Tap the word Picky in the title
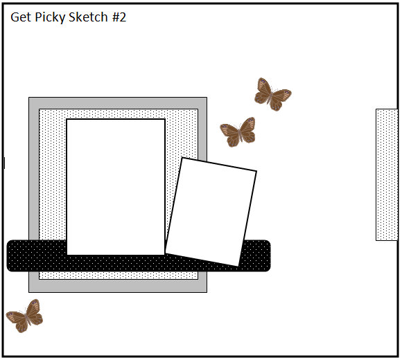pos(50,18)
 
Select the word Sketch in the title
pos(88,17)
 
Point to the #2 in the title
pos(119,17)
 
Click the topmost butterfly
pos(273,94)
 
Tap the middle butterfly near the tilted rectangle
pos(238,132)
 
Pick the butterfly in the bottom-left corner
pos(25,316)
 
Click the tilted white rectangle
pos(211,212)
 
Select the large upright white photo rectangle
pos(116,187)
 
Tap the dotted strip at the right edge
pos(387,175)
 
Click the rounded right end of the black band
pos(267,255)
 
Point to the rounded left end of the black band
pos(11,255)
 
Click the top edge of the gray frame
pos(118,103)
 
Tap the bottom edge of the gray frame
pos(118,286)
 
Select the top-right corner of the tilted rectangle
pos(256,171)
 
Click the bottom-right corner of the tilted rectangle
pos(238,267)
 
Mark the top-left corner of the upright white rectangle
pos(67,119)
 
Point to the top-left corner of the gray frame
pos(29,98)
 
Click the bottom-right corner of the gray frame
pos(207,292)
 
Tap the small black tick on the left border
pos(4,163)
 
